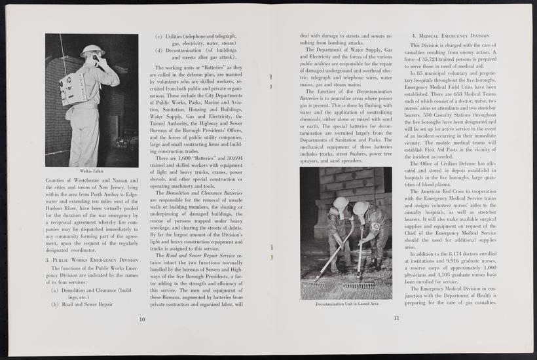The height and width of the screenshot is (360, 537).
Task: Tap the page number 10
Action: coord(141,319)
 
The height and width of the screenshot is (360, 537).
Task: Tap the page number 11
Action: coord(396,319)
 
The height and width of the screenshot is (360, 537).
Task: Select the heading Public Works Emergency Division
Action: coord(91,260)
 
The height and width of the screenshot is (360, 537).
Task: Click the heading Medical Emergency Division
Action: coord(450,35)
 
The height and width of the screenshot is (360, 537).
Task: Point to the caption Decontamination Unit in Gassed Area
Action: coord(346,304)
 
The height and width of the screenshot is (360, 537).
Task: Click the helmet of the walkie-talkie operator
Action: coord(92,50)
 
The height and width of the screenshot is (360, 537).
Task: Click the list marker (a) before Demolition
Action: coord(55,289)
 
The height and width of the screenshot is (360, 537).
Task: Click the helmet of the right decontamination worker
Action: coord(360,207)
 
